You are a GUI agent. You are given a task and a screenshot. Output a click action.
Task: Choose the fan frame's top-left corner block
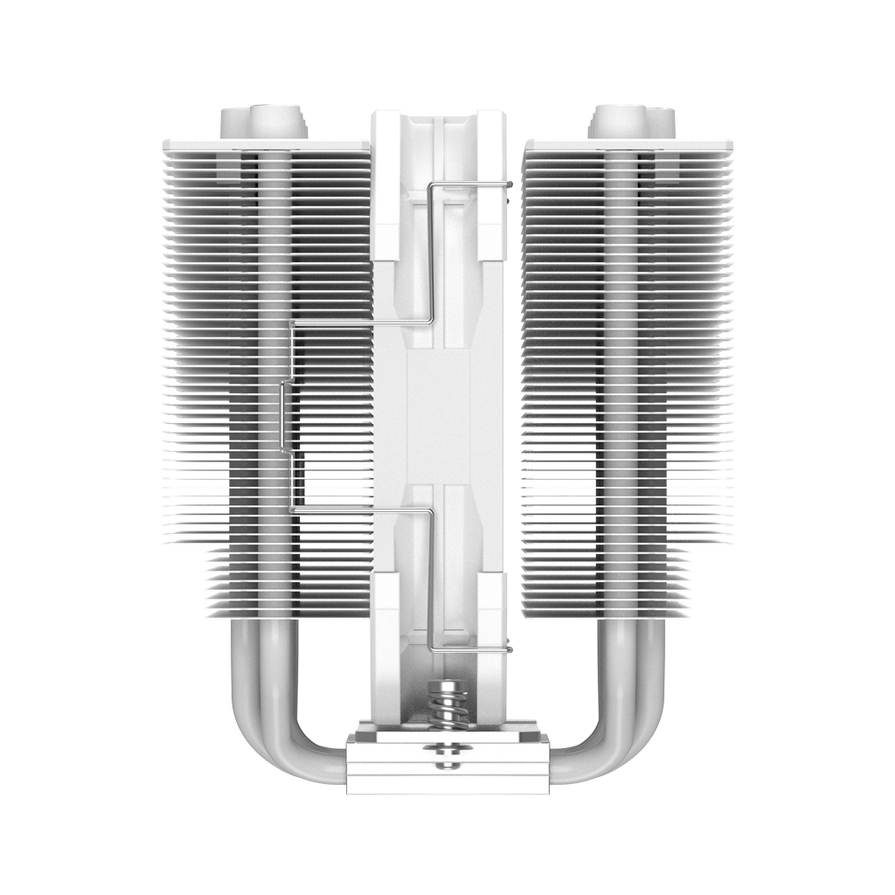(386, 184)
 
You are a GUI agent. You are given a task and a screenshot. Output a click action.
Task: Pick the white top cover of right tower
(629, 145)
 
